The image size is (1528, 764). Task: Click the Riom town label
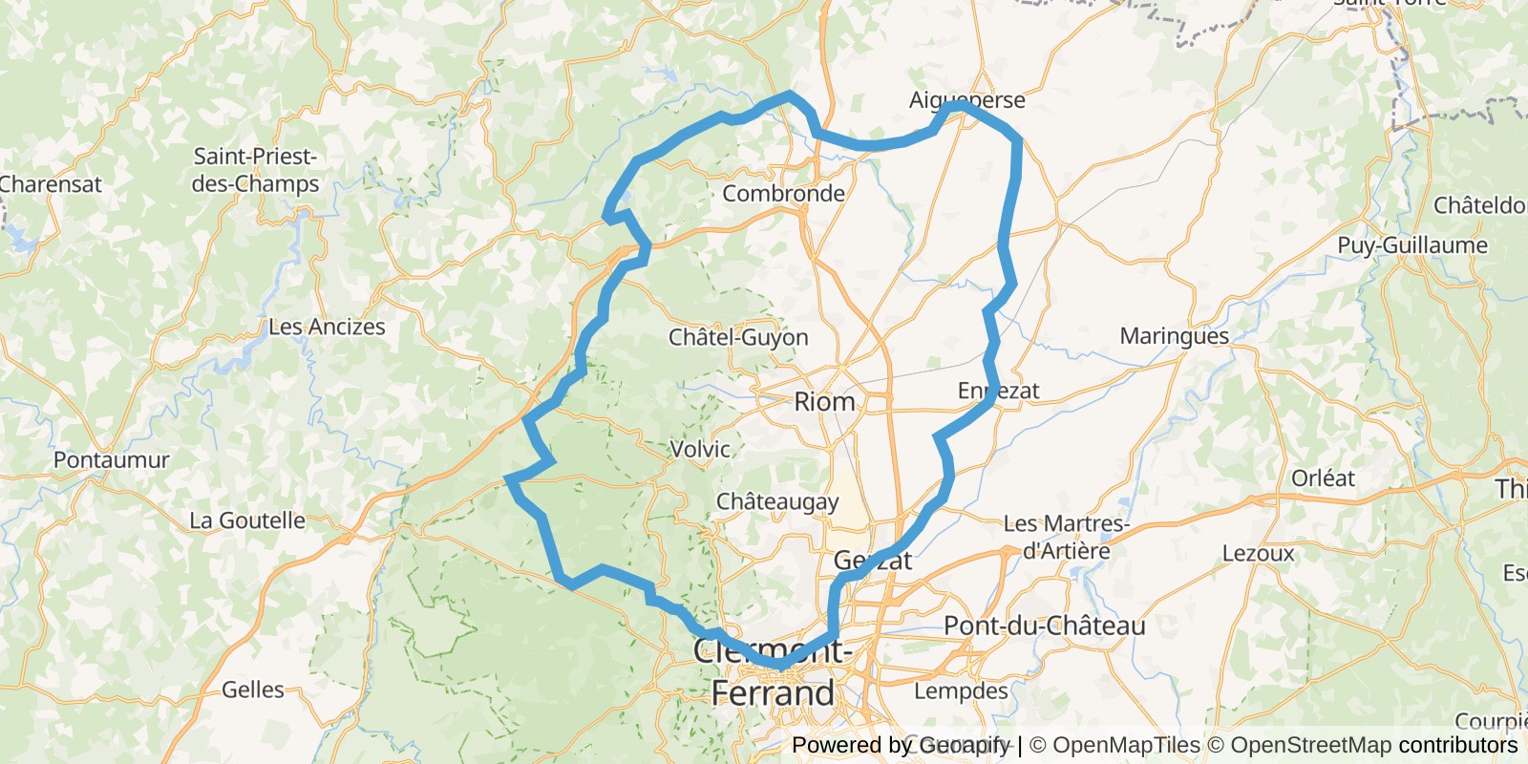(x=824, y=401)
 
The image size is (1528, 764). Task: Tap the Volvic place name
(x=700, y=449)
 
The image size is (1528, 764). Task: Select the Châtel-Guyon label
(x=738, y=337)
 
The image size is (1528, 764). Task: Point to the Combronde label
(x=783, y=194)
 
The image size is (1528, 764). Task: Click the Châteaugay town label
(x=777, y=502)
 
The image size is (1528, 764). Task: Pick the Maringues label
(x=1174, y=336)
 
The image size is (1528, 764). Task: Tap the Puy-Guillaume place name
(x=1411, y=245)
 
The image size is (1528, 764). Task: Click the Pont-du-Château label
(x=1044, y=626)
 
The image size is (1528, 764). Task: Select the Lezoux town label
(x=1258, y=554)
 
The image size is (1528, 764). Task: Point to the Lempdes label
(x=961, y=690)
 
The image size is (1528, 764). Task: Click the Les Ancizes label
(x=327, y=328)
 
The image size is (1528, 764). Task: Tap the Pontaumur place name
(x=111, y=460)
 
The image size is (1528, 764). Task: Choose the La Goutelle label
(x=247, y=521)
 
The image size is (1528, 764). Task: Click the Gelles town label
(x=253, y=690)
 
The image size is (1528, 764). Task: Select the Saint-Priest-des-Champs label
(x=255, y=170)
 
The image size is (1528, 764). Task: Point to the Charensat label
(x=51, y=184)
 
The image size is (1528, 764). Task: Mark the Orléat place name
(x=1323, y=478)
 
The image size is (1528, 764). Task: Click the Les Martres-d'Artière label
(x=1066, y=537)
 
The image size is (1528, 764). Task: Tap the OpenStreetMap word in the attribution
(x=1310, y=745)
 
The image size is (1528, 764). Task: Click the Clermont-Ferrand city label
(x=773, y=672)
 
